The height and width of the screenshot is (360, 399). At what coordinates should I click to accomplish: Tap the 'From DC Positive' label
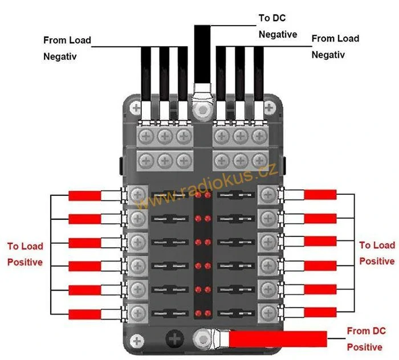coord(365,339)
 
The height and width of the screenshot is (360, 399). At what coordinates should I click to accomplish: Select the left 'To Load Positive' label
coord(25,254)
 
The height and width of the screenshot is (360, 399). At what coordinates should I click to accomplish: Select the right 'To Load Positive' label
coord(377,253)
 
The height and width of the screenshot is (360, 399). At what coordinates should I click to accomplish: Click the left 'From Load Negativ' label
coord(67,48)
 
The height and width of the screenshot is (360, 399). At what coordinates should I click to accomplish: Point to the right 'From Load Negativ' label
coord(335,47)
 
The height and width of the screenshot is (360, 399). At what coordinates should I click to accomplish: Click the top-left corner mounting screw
coord(136,107)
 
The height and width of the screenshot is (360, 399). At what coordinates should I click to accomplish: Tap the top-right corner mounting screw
coord(268,107)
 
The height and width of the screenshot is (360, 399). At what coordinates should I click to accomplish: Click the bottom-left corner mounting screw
coord(136,341)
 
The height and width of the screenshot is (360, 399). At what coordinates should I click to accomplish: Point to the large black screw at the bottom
coord(175,339)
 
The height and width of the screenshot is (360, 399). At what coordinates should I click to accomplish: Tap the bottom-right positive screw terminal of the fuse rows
coord(267,312)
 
